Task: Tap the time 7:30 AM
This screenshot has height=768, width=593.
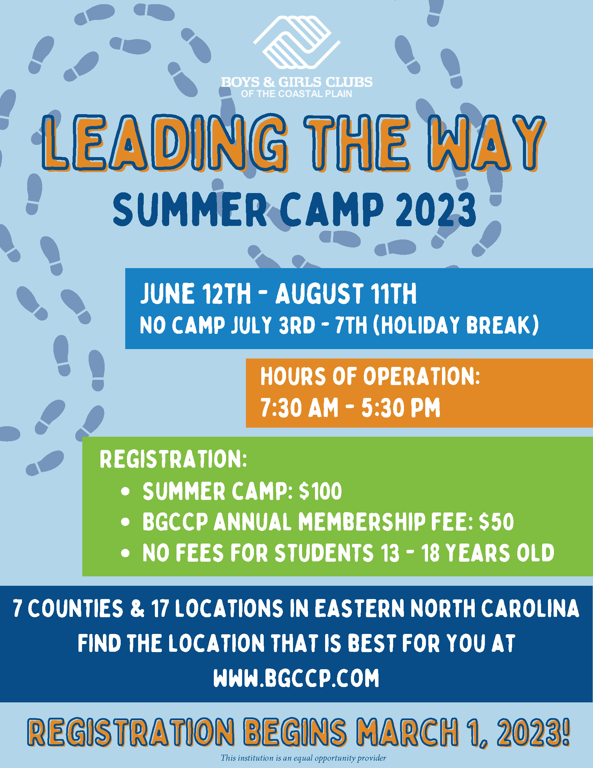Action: pyautogui.click(x=299, y=408)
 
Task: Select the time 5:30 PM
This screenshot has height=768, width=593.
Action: pyautogui.click(x=401, y=408)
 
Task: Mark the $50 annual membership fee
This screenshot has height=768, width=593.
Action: pyautogui.click(x=496, y=522)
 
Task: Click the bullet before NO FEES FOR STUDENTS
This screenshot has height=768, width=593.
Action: pyautogui.click(x=126, y=554)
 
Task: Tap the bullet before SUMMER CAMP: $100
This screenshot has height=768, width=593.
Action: pyautogui.click(x=126, y=492)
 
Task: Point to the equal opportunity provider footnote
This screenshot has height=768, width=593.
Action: pyautogui.click(x=303, y=758)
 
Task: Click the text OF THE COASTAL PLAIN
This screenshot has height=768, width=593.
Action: pyautogui.click(x=296, y=94)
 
